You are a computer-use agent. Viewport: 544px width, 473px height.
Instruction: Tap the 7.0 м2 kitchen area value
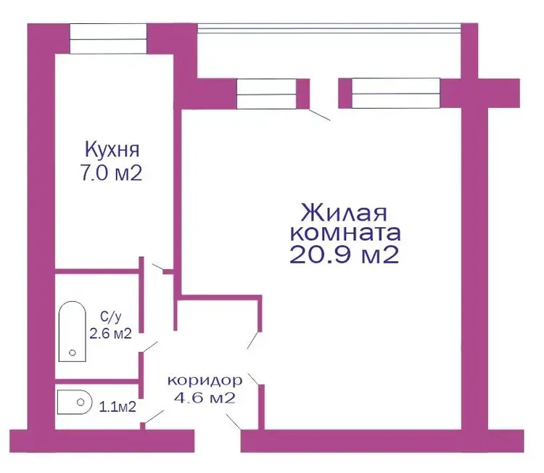(112, 173)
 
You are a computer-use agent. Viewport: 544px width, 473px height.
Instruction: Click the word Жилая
(344, 213)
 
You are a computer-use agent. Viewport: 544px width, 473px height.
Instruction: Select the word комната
(345, 233)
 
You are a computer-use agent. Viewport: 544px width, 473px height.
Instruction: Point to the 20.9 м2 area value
(344, 255)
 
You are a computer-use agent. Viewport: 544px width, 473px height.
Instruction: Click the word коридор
(205, 381)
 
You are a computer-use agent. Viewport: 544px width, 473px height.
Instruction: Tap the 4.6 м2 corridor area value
(205, 398)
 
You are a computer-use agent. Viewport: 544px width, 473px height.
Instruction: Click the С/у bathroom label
(111, 317)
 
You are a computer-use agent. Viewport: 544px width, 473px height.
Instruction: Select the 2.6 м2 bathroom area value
(111, 334)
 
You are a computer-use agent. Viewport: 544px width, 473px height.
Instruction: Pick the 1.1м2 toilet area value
(118, 407)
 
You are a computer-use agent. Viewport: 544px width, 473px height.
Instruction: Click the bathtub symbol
(72, 332)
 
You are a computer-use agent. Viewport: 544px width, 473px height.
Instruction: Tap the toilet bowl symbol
(74, 402)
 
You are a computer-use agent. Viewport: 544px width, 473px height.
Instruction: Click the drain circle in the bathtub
(73, 353)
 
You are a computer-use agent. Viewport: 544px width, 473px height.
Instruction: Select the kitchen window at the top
(108, 39)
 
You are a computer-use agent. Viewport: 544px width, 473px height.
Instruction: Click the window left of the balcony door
(266, 94)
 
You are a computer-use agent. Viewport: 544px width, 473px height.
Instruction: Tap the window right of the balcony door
(396, 94)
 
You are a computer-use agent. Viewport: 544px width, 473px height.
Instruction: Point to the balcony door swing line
(320, 115)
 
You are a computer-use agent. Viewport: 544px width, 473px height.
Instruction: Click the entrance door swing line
(234, 421)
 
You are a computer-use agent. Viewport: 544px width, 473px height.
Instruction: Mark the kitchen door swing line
(157, 266)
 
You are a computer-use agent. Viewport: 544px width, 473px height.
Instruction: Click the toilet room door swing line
(154, 417)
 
